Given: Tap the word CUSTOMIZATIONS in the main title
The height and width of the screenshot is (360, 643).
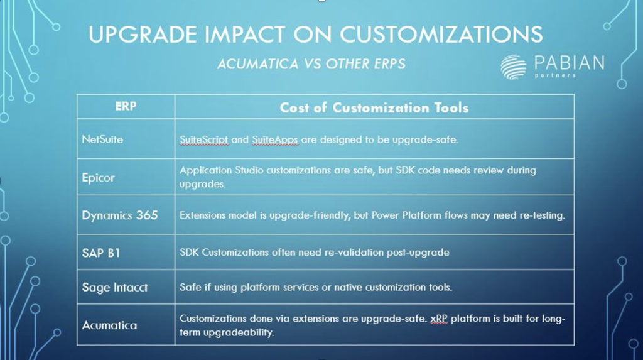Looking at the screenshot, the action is click(441, 34).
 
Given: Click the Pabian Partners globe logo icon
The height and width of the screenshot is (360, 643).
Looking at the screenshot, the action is click(514, 67).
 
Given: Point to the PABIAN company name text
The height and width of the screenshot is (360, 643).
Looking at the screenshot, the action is click(570, 63).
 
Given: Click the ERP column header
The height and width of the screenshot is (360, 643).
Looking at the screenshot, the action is click(126, 106).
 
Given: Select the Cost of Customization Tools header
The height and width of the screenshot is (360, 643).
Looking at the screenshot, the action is click(374, 107).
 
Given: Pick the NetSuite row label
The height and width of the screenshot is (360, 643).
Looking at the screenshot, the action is click(102, 139).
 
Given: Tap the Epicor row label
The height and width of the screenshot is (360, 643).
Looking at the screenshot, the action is click(99, 178).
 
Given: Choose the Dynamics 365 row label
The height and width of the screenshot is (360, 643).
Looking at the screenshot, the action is click(120, 215).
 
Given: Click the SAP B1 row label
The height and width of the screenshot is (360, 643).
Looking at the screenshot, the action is click(101, 253).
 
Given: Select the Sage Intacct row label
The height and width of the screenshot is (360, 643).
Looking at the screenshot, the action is click(115, 287).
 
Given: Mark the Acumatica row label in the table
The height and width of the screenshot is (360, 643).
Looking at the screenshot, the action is click(109, 325).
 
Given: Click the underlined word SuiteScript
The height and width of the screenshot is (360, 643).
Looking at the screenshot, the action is click(204, 139).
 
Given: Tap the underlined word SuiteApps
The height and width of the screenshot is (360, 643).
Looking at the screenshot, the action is click(275, 139).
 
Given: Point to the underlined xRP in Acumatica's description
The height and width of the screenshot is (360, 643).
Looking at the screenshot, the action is click(439, 319).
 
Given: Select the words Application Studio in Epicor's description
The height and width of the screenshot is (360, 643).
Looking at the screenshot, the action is click(222, 170).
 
